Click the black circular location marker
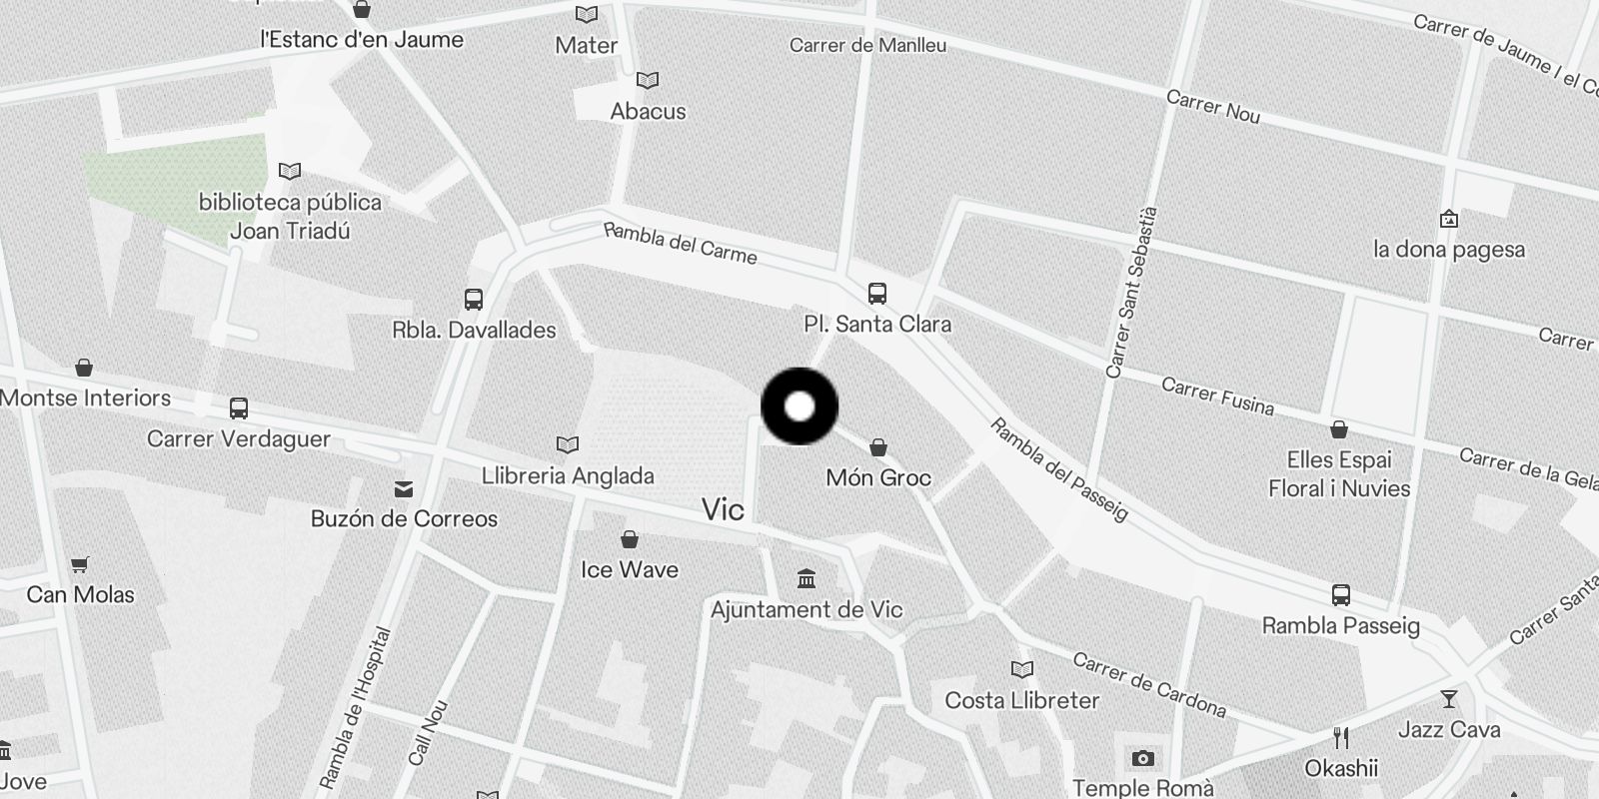799,406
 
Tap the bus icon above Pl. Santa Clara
877,294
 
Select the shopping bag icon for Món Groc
878,446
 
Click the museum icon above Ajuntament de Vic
806,578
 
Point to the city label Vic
723,510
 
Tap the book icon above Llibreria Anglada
567,444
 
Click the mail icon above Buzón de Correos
404,488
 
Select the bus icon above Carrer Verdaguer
239,407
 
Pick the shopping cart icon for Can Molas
80,564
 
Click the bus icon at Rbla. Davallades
474,299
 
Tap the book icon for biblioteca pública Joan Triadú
290,172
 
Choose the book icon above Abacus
648,80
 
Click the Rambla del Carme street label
681,243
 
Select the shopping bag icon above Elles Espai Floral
1339,429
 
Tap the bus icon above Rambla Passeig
1341,595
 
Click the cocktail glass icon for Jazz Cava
1448,699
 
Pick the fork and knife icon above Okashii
1341,738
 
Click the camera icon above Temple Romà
1143,759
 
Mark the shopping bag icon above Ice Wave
630,539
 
